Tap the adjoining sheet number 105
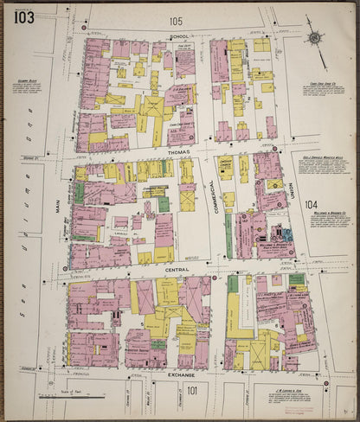(177, 21)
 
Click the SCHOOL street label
(179, 36)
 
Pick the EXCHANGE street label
(182, 376)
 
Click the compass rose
(315, 37)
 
